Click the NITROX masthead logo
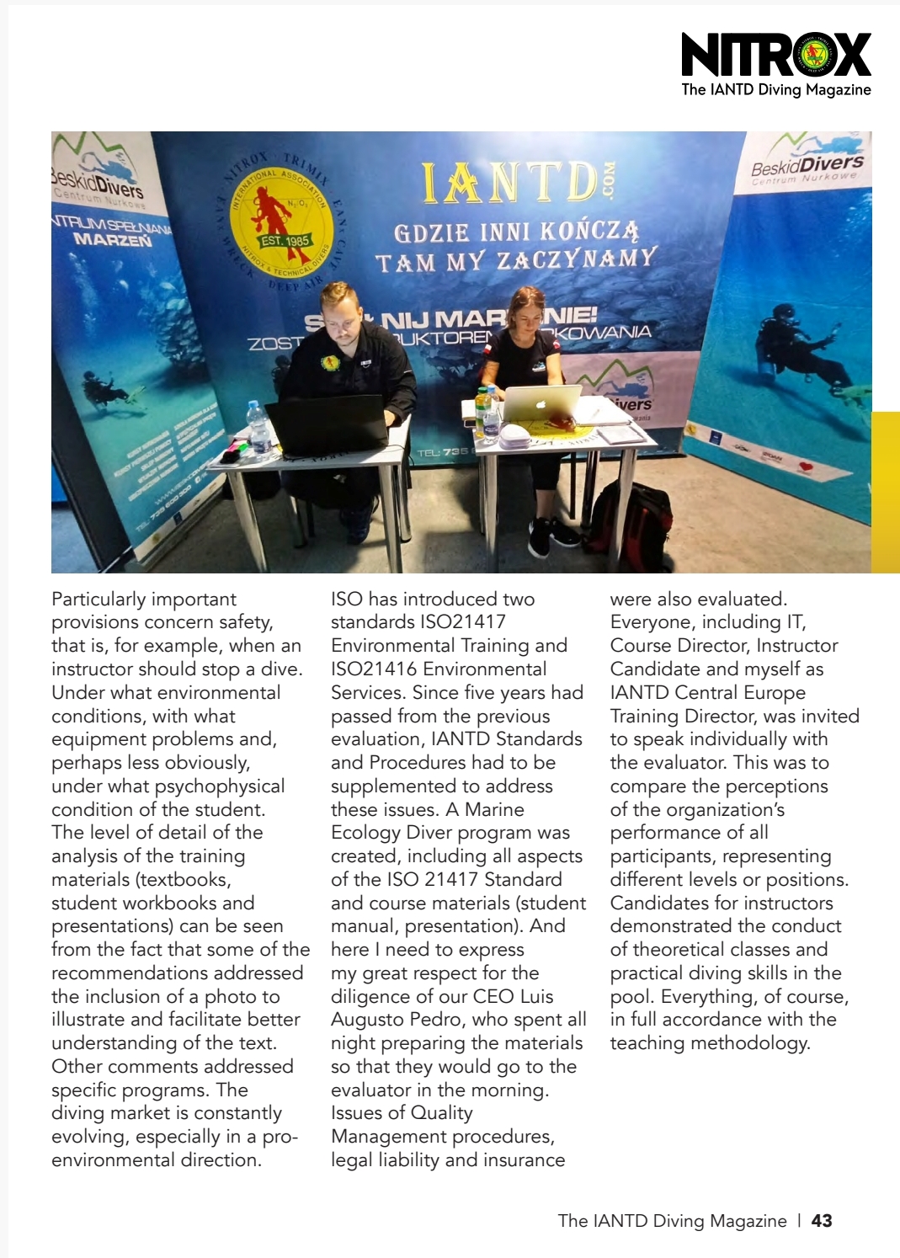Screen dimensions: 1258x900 pos(775,56)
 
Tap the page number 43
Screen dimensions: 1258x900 pos(822,1221)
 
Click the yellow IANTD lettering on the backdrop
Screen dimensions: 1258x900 pos(510,184)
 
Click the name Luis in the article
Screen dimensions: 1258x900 pos(536,996)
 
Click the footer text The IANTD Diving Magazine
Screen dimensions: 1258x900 pos(672,1221)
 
